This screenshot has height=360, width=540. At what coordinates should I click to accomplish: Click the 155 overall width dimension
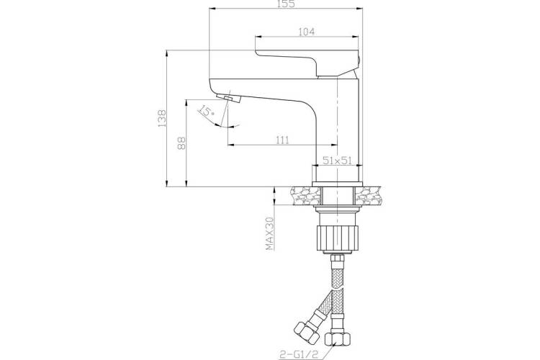[286, 4]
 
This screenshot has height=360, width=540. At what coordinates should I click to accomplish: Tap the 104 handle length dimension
[306, 32]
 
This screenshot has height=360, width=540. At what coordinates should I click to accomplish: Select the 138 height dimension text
[162, 118]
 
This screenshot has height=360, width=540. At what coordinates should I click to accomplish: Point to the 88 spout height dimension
[181, 143]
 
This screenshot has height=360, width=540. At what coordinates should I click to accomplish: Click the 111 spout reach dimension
[282, 140]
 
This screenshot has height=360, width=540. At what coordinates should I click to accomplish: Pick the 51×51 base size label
[337, 160]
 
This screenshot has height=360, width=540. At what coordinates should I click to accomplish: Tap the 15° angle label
[206, 111]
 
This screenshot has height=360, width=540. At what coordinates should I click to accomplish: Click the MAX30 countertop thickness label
[269, 233]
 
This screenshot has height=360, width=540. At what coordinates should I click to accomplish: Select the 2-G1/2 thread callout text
[299, 354]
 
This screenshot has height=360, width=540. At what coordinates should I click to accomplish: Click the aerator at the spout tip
[229, 98]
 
